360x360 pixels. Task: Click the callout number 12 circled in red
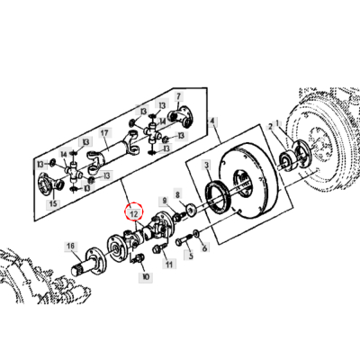(134, 214)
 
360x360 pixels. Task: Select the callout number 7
(178, 96)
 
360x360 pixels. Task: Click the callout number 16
(69, 245)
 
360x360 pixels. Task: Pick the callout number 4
(212, 121)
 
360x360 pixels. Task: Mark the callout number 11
(168, 265)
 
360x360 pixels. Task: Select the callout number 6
(204, 247)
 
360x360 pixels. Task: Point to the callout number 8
(177, 193)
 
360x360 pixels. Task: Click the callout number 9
(164, 200)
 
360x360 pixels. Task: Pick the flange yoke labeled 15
(43, 186)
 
